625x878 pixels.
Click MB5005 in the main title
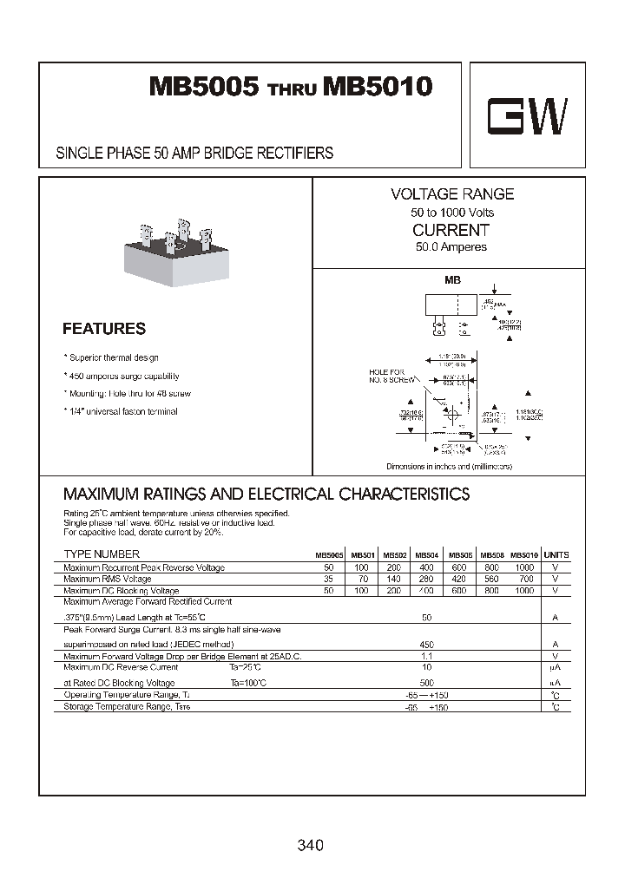click(x=204, y=88)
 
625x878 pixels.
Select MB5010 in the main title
click(x=378, y=88)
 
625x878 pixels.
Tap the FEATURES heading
click(x=104, y=329)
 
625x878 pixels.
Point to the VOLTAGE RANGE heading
click(x=451, y=194)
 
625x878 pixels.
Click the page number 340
click(x=310, y=844)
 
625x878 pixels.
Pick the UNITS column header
click(x=556, y=554)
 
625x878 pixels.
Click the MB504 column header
click(x=426, y=555)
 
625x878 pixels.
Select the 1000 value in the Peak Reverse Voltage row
click(x=523, y=567)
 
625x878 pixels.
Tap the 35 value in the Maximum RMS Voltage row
click(x=328, y=579)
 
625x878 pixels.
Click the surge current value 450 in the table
click(x=426, y=645)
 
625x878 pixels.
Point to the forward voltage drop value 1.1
click(x=426, y=656)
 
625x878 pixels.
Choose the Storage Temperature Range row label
click(x=128, y=707)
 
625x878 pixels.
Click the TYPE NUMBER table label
click(x=102, y=554)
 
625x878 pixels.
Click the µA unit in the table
click(x=556, y=668)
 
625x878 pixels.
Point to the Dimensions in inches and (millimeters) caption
click(x=449, y=467)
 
